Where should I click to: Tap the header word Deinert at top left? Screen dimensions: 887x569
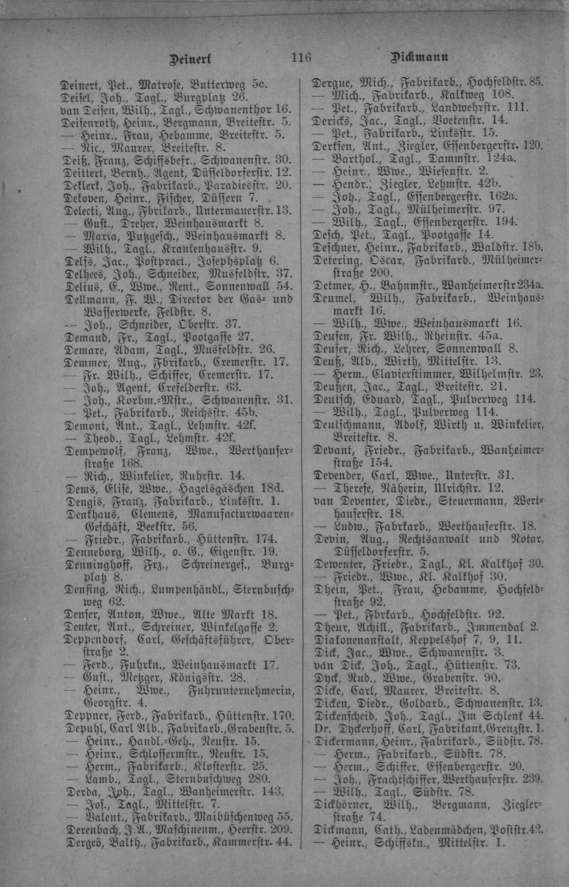(190, 58)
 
